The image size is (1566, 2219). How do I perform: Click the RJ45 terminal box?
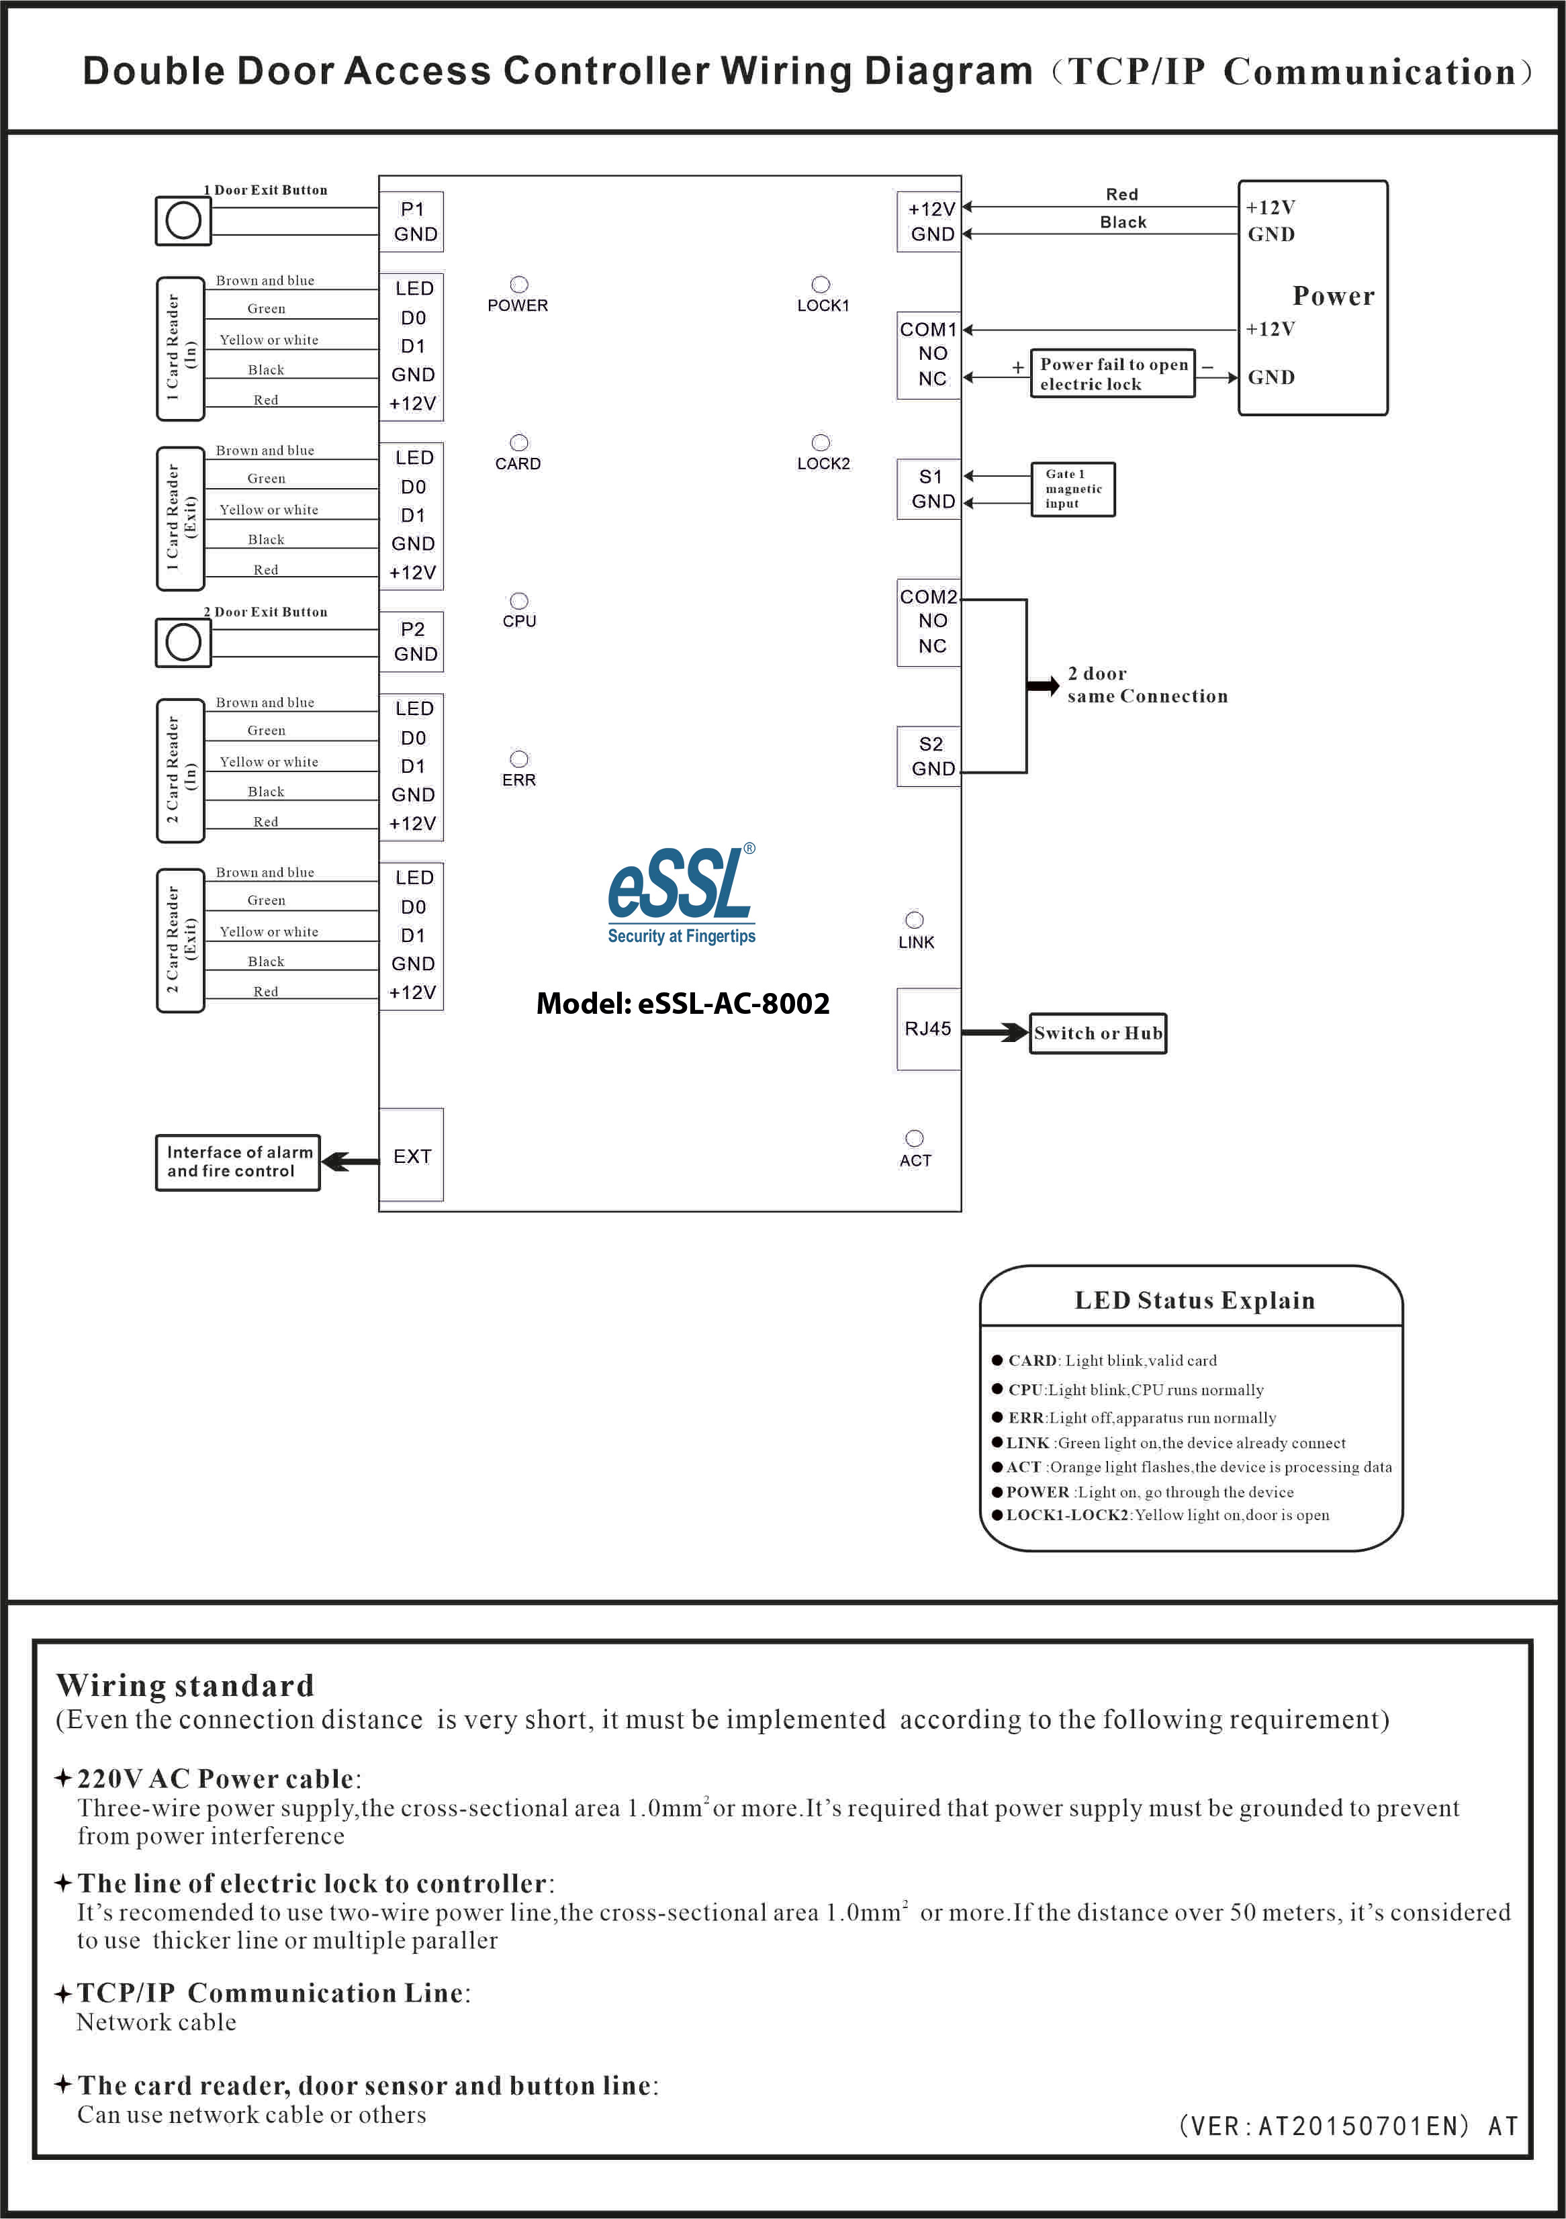click(x=928, y=1029)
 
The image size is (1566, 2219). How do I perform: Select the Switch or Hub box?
click(x=1098, y=1033)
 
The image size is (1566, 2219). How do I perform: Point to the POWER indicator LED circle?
click(x=519, y=284)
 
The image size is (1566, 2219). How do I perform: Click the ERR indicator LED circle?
click(x=519, y=759)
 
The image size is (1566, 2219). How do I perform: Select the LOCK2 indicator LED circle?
click(x=821, y=442)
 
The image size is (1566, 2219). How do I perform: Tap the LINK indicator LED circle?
click(x=915, y=920)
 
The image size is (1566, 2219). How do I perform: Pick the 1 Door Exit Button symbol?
click(x=183, y=220)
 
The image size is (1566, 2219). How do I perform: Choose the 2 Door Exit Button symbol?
click(x=183, y=643)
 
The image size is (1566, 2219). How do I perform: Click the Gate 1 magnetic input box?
click(x=1073, y=489)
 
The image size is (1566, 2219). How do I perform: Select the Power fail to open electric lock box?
click(x=1113, y=374)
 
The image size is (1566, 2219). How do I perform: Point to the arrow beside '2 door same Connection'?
click(x=1043, y=686)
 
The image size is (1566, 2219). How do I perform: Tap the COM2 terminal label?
click(x=928, y=596)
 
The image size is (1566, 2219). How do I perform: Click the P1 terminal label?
click(x=413, y=209)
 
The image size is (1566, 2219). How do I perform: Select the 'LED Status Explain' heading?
click(x=1195, y=1300)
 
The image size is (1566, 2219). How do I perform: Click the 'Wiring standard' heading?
click(x=185, y=1685)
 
